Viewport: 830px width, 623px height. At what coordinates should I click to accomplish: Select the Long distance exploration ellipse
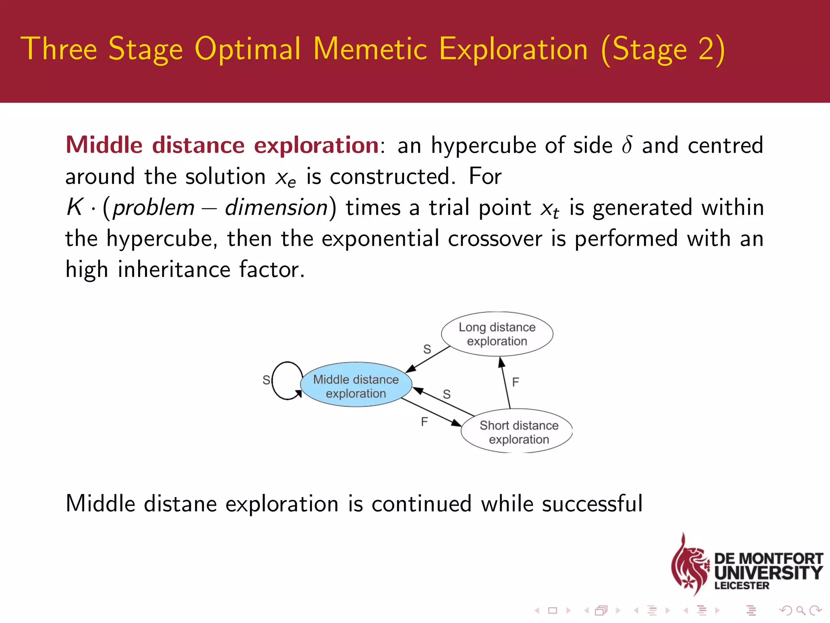coord(497,334)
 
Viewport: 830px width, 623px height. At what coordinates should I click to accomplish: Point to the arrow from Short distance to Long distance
coord(505,383)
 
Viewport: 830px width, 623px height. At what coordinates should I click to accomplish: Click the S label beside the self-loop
coord(266,380)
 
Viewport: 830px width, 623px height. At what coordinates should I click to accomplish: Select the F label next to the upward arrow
coord(516,382)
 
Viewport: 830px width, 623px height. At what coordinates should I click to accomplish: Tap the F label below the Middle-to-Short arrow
coord(424,422)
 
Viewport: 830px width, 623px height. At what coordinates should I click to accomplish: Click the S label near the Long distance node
coord(427,349)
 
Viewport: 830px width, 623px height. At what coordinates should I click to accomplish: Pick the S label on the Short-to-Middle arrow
coord(447,394)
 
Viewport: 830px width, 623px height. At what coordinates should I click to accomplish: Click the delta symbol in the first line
coord(627,145)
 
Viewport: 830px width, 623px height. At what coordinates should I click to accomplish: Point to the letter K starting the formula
coord(75,207)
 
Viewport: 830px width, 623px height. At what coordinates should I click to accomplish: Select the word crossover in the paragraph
coord(494,238)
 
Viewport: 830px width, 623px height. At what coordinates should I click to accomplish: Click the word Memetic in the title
coord(370,49)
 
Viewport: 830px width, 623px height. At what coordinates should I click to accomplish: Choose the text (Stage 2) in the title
coord(663,49)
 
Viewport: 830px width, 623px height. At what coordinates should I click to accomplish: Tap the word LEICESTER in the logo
coord(742,585)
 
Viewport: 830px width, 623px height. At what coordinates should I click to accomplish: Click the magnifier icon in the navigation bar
coord(800,610)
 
